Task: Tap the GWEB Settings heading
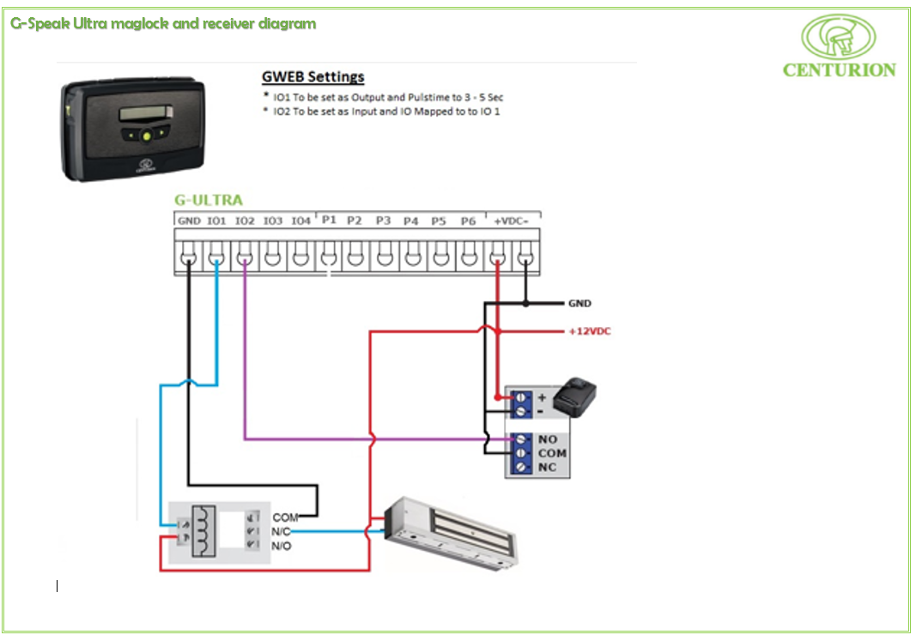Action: pyautogui.click(x=312, y=77)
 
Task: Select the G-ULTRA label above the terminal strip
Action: pyautogui.click(x=208, y=201)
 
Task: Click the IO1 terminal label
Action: pyautogui.click(x=217, y=221)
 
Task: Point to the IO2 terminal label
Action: pyautogui.click(x=245, y=221)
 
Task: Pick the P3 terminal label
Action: pyautogui.click(x=383, y=221)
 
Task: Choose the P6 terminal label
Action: pyautogui.click(x=468, y=221)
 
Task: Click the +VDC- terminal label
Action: pyautogui.click(x=512, y=221)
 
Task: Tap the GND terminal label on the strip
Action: pyautogui.click(x=189, y=221)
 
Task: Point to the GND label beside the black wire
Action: pyautogui.click(x=579, y=304)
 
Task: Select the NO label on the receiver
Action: pyautogui.click(x=547, y=439)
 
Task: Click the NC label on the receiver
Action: pyautogui.click(x=547, y=467)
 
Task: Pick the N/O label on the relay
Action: pyautogui.click(x=281, y=546)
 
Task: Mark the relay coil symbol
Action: pyautogui.click(x=202, y=532)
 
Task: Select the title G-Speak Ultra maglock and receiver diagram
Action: pyautogui.click(x=163, y=23)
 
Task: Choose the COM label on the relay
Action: pyautogui.click(x=285, y=518)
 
